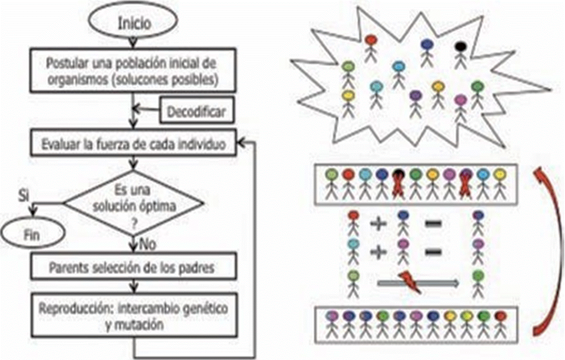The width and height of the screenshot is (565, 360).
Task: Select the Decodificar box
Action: pyautogui.click(x=196, y=113)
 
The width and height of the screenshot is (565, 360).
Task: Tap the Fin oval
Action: pyautogui.click(x=31, y=235)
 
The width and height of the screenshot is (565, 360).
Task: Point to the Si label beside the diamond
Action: pyautogui.click(x=24, y=194)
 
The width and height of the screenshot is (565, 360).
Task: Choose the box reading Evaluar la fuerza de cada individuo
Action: pyautogui.click(x=134, y=145)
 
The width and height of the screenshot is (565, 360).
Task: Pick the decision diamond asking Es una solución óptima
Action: pyautogui.click(x=134, y=203)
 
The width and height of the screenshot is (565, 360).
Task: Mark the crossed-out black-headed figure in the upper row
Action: pyautogui.click(x=398, y=183)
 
